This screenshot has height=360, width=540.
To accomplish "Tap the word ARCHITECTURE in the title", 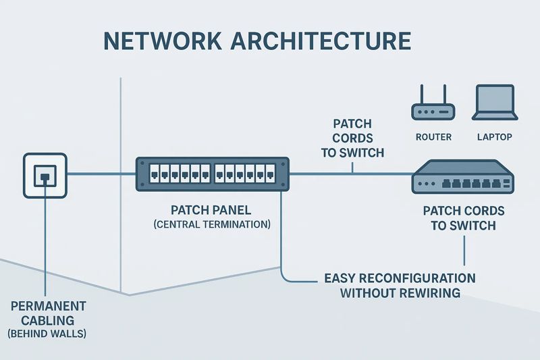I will (321, 41).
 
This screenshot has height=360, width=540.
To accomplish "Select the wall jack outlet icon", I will (45, 175).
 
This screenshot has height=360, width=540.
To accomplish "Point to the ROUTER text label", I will (433, 137).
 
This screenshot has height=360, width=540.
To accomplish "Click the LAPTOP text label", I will (495, 137).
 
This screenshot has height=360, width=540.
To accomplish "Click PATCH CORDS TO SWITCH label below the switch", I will (463, 218).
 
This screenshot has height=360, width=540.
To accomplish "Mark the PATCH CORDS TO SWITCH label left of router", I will (352, 138).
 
